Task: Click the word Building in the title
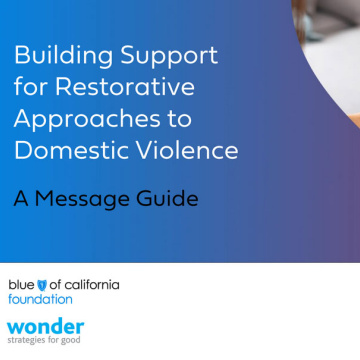(64, 56)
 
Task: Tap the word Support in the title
(169, 57)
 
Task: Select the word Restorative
(125, 87)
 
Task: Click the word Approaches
(87, 120)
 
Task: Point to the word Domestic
(70, 150)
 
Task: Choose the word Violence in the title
(186, 150)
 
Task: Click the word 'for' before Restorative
(31, 87)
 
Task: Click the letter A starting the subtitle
(21, 198)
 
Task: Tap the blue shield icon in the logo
(42, 285)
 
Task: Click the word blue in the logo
(21, 285)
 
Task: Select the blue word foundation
(40, 299)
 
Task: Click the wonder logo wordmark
(45, 327)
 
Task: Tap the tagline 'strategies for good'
(44, 340)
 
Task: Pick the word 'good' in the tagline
(72, 341)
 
